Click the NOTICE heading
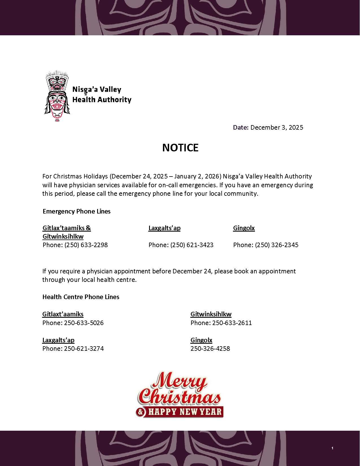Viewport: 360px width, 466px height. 180,148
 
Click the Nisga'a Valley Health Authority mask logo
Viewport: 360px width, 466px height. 57,96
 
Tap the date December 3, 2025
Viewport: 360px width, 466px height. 276,127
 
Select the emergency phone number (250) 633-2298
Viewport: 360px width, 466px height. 86,245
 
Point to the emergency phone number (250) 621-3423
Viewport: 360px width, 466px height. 192,245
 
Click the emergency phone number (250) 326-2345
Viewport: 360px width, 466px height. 276,245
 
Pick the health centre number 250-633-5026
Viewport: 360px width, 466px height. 84,323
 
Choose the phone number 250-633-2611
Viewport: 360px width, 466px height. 232,323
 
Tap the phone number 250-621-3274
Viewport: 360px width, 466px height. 84,349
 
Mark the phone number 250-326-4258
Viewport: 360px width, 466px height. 210,349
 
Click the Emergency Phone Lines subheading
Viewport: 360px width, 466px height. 77,211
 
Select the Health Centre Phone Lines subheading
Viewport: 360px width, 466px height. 81,297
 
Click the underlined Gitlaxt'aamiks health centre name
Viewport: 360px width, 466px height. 63,314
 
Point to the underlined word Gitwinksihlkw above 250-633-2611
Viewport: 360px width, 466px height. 211,314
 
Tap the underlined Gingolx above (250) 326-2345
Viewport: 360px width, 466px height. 244,228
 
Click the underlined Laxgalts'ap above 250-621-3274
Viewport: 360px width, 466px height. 58,340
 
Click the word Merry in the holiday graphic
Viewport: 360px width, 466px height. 179,382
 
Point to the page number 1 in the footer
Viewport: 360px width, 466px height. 332,448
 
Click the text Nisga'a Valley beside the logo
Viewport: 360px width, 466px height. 97,90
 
